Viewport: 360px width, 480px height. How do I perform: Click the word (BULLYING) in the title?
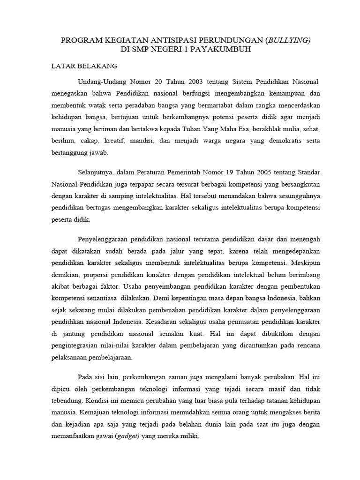(x=287, y=41)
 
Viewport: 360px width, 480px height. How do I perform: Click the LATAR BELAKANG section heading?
(x=84, y=66)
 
